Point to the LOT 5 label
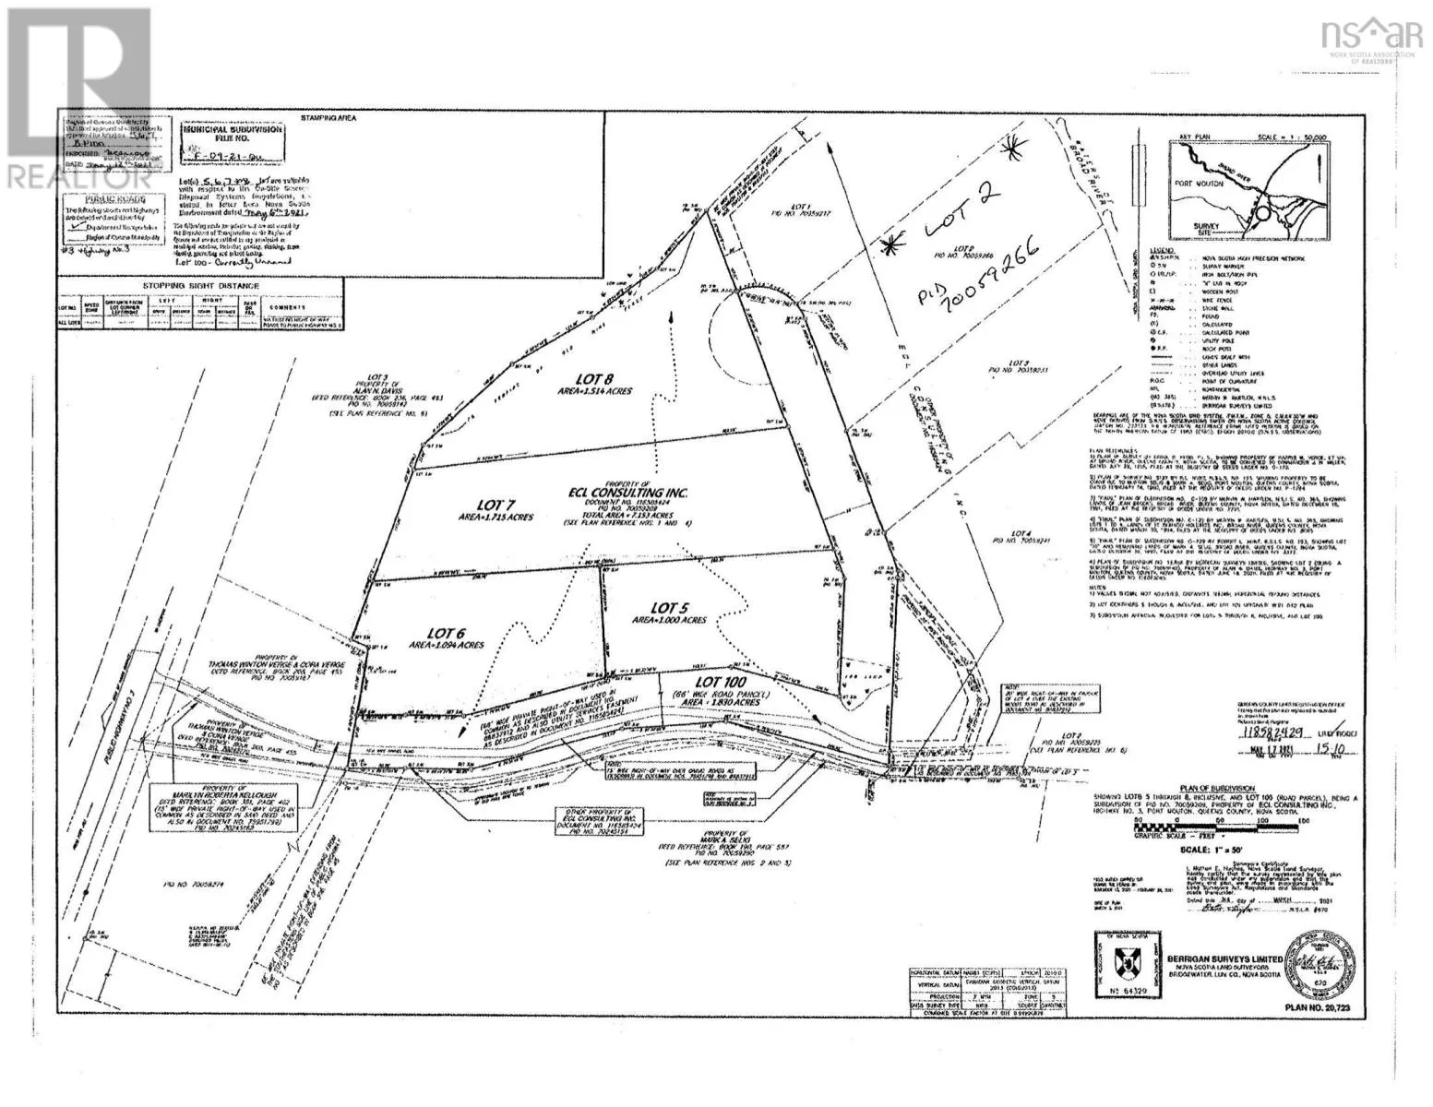(x=667, y=607)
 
